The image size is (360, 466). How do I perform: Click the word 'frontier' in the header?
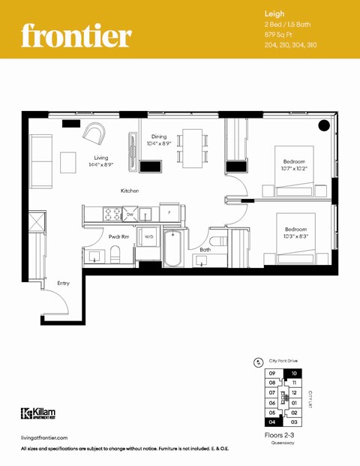(76, 35)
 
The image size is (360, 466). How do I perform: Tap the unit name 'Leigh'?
(274, 14)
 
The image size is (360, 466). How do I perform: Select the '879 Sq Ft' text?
(280, 35)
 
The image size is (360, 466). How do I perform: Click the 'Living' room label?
(101, 158)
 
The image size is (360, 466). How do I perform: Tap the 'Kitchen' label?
(130, 191)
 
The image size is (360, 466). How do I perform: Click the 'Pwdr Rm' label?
(119, 236)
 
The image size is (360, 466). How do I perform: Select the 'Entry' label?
(63, 283)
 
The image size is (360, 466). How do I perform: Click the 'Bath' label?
(204, 249)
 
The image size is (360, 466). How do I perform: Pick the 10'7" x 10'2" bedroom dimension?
(295, 170)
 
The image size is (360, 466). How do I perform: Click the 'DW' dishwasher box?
(130, 215)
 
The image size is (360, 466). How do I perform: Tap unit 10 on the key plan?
(294, 373)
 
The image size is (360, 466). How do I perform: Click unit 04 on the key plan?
(273, 422)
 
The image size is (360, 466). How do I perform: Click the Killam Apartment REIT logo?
(37, 413)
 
